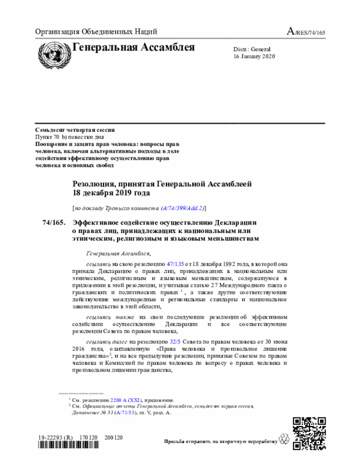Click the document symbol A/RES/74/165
(306, 32)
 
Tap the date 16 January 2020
(254, 57)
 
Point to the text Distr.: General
(251, 50)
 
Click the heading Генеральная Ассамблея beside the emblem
(134, 47)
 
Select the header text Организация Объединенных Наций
(96, 32)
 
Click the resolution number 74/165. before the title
(53, 222)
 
